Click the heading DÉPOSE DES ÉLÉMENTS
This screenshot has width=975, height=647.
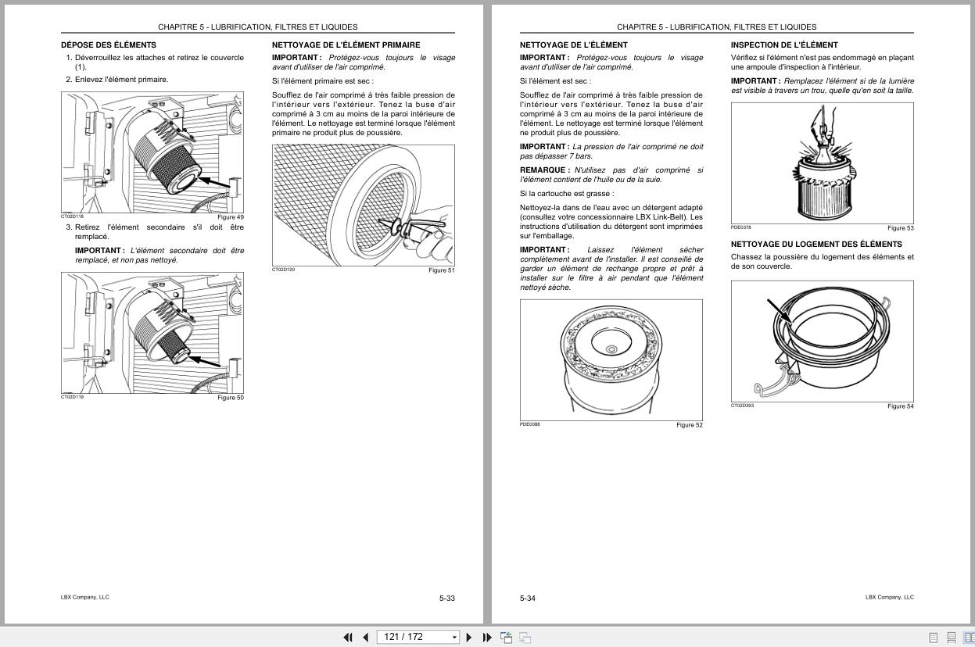109,45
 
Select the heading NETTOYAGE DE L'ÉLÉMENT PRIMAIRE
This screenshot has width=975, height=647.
346,45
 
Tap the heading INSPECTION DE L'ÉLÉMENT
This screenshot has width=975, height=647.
784,45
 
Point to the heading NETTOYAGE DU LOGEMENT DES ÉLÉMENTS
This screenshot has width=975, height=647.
816,245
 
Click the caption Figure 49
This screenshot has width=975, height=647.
231,217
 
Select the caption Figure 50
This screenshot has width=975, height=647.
231,398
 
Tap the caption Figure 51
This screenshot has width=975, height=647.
441,270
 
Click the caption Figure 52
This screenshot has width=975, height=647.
690,425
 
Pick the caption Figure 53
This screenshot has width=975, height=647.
900,228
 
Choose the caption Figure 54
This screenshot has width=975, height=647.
900,406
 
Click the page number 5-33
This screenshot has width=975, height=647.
446,599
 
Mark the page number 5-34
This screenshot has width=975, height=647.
528,599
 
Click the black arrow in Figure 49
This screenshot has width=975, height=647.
215,183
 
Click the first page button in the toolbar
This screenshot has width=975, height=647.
348,638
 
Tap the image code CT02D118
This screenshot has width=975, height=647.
72,216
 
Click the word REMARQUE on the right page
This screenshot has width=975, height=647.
543,170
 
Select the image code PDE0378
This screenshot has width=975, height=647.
741,227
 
